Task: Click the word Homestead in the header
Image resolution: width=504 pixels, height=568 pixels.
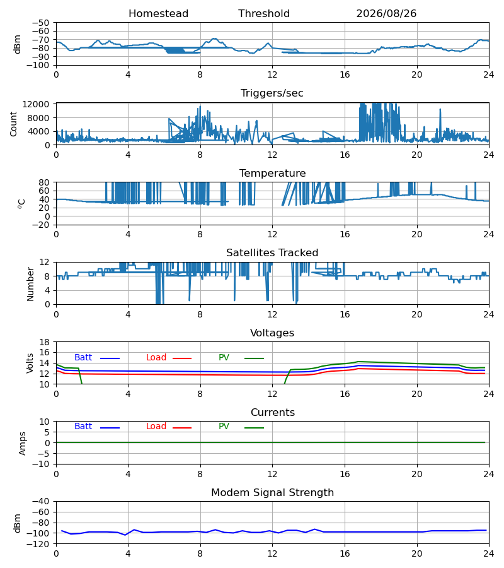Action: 158,14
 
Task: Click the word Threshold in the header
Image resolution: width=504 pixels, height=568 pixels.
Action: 264,14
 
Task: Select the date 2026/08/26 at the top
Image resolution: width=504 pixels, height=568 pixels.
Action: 386,14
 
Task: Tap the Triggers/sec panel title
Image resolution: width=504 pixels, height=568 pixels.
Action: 272,93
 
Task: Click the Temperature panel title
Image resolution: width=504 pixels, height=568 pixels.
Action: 272,173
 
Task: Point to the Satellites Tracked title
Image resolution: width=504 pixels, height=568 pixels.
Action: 272,253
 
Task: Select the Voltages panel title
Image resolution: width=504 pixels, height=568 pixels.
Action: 272,333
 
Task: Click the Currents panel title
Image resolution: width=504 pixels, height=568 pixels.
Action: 273,413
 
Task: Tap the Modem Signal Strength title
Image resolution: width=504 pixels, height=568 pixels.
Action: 272,493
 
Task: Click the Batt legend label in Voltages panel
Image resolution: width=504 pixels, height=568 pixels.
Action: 83,358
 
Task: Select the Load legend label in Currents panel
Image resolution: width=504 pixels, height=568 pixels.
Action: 156,427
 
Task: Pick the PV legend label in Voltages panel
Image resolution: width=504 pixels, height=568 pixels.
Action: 224,358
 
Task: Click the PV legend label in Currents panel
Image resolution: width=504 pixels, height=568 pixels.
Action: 224,427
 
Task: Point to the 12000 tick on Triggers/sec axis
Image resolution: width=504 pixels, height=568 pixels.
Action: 36,104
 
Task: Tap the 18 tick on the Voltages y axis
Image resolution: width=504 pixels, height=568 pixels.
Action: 45,342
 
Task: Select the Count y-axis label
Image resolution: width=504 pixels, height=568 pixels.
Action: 13,124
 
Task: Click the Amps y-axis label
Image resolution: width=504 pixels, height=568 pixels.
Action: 23,443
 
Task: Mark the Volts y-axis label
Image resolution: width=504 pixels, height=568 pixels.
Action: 30,364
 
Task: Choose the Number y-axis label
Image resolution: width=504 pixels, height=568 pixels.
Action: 30,285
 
